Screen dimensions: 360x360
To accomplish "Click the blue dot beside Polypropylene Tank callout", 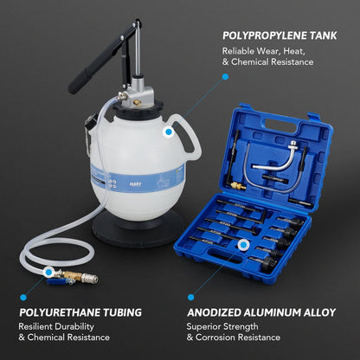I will (225, 76).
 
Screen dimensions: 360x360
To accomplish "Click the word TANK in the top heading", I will (321, 36).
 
